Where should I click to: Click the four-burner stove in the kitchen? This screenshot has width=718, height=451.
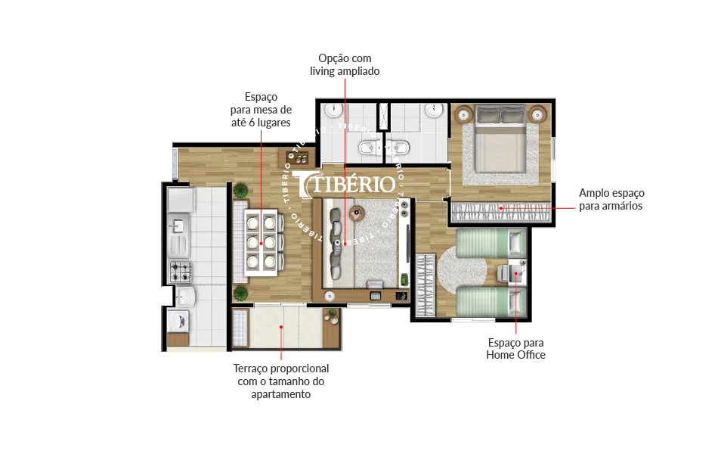181,272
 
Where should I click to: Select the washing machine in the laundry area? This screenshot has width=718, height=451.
178,321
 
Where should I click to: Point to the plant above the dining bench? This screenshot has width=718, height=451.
240,190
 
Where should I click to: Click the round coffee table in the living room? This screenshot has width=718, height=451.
357,213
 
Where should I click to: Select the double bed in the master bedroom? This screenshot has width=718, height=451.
500,138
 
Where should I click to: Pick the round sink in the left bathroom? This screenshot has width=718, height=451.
334,110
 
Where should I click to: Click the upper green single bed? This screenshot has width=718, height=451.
491,243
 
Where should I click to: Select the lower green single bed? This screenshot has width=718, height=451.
491,302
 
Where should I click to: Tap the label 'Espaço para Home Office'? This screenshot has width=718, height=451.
515,349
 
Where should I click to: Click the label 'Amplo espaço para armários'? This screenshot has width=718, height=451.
611,199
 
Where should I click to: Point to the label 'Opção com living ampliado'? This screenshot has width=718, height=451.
345,64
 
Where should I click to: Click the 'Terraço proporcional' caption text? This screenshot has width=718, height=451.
280,369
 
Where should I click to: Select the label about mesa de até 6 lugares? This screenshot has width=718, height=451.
261,110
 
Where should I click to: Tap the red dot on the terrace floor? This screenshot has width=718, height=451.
281,327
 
